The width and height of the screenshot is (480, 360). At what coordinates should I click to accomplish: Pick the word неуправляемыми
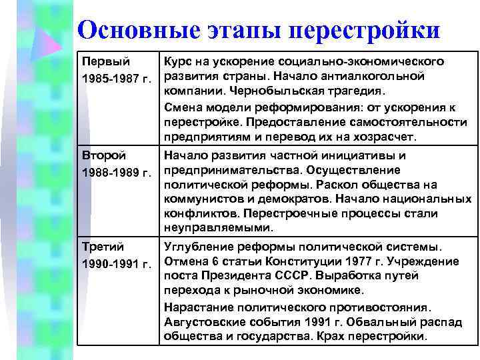pos(207,229)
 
